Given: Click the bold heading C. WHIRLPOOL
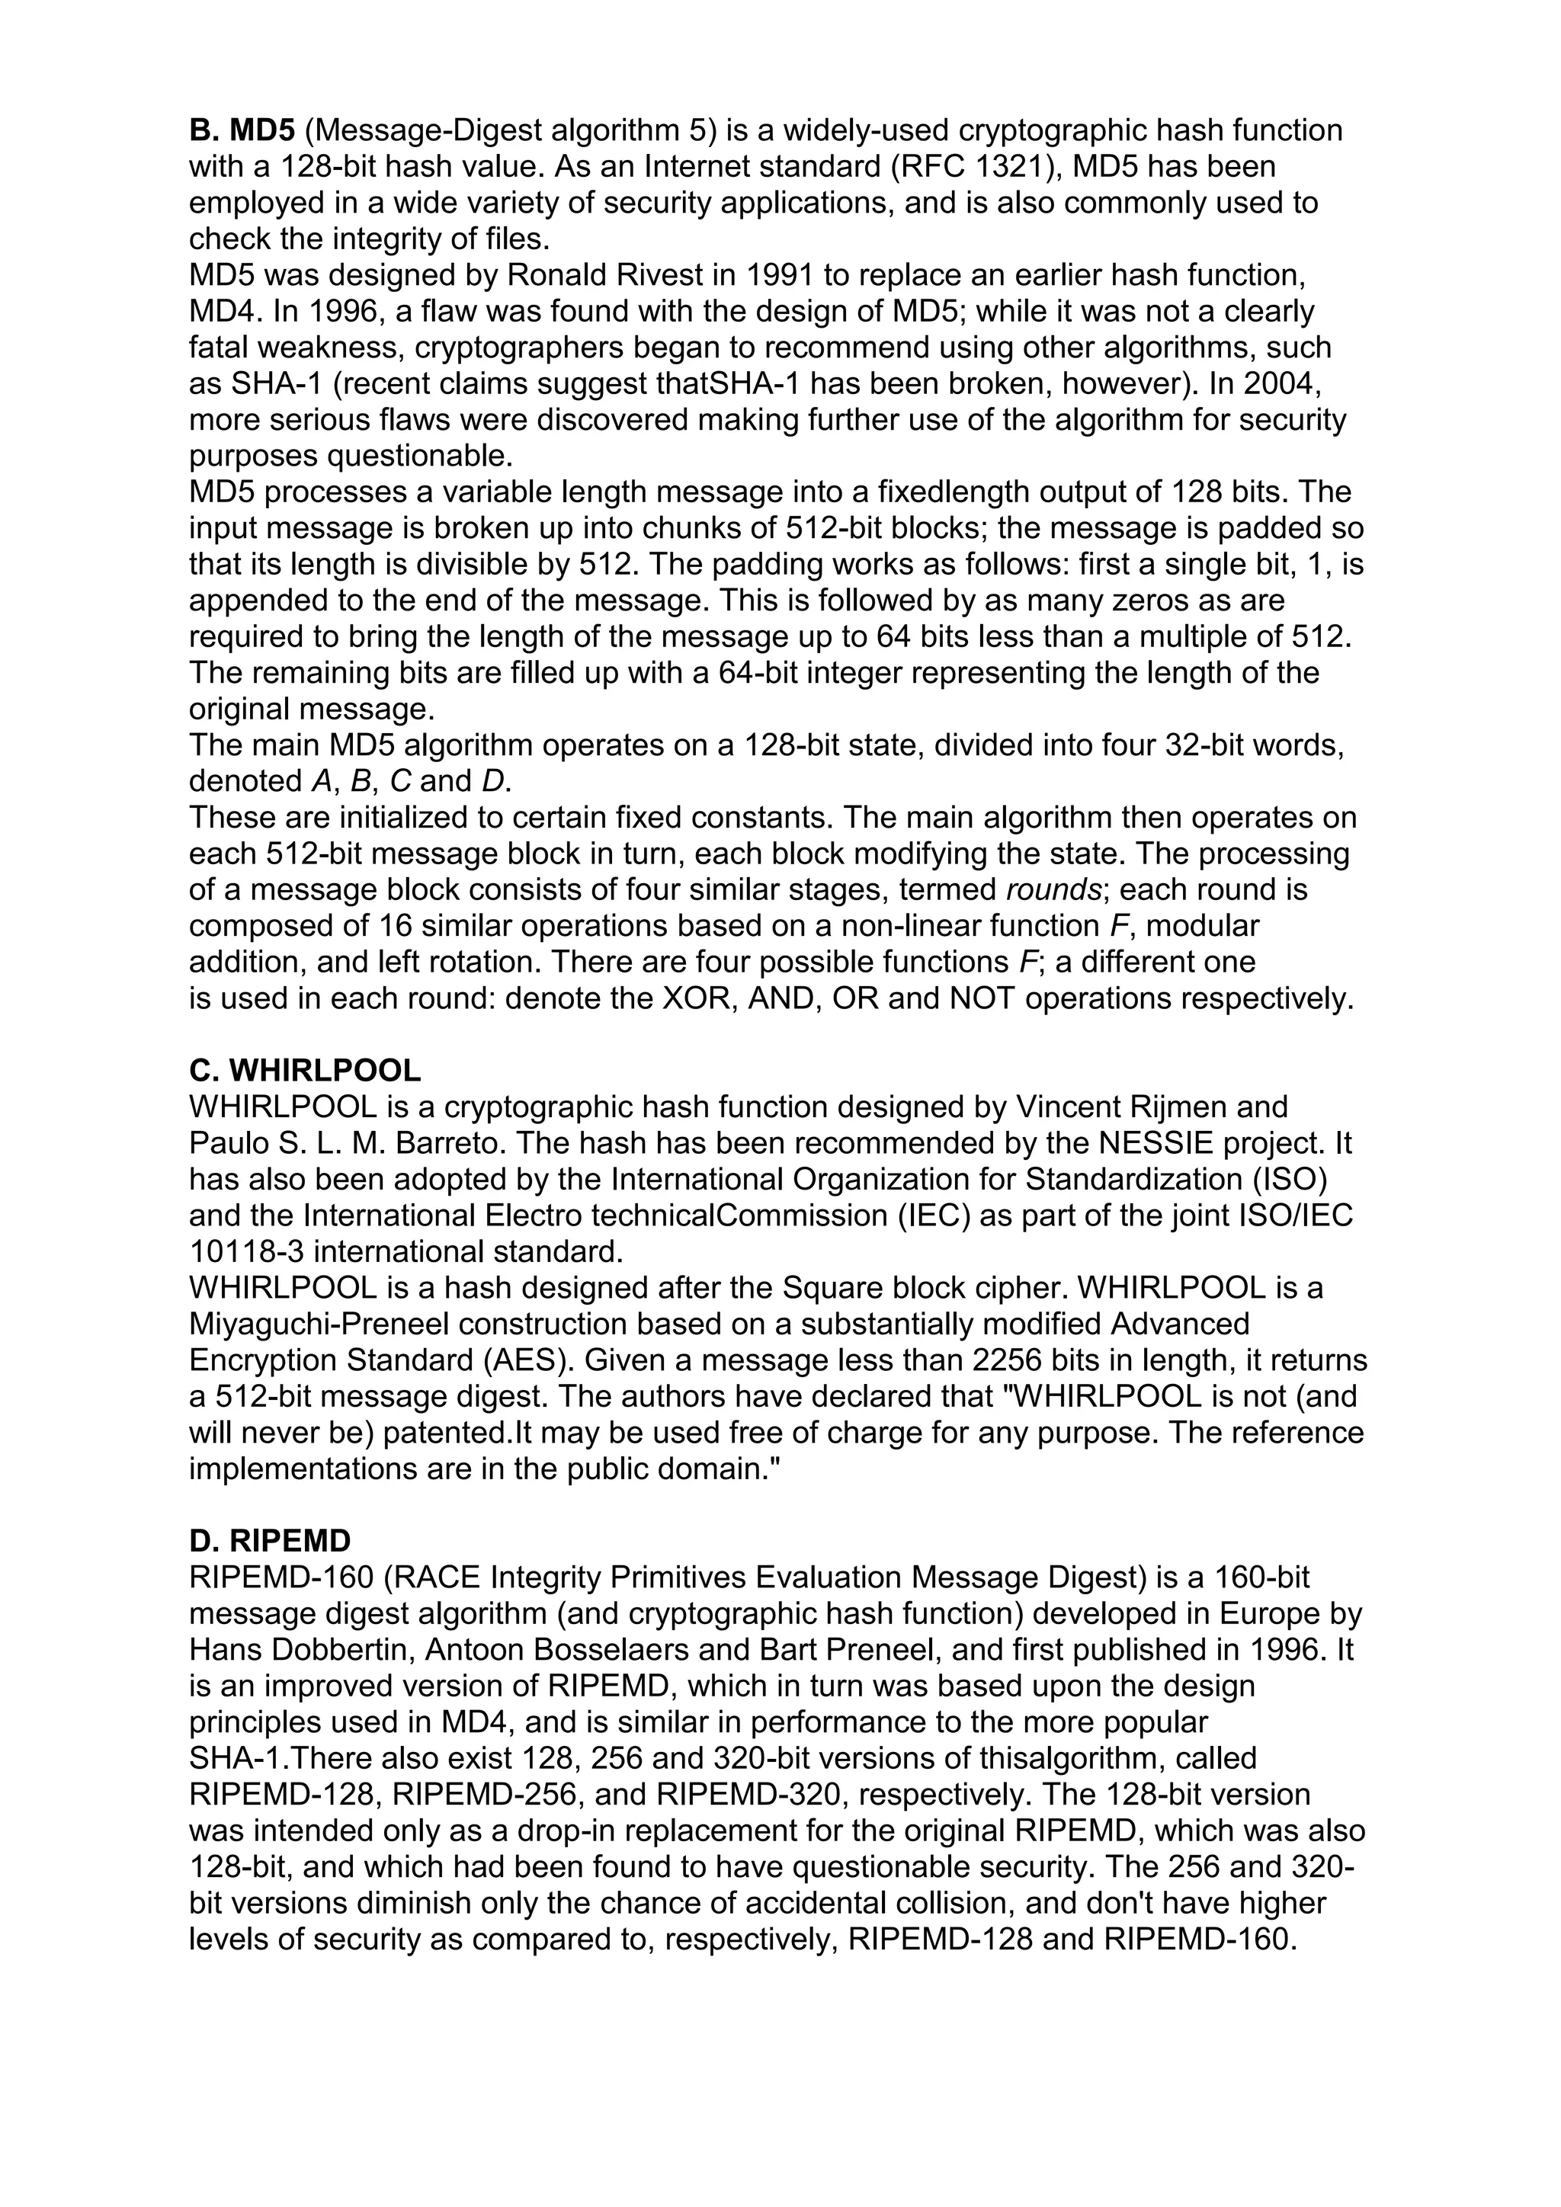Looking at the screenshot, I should (x=305, y=1071).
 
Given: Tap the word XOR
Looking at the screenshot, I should (x=700, y=999).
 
